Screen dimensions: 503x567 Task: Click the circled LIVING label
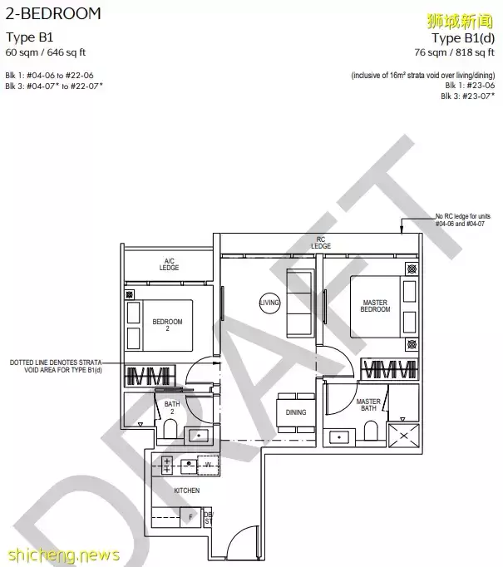(269, 303)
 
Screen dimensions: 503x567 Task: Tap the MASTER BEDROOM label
(375, 306)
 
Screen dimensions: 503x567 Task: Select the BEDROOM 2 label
(167, 325)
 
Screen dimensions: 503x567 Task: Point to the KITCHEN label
(186, 491)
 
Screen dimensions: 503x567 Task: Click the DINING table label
(296, 412)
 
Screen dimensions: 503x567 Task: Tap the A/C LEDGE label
(169, 264)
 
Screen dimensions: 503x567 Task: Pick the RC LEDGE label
(321, 243)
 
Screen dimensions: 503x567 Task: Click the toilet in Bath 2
(170, 429)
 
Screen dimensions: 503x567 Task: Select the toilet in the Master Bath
(371, 431)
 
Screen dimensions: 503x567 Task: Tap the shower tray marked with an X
(403, 436)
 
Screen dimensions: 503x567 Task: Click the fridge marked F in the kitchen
(190, 517)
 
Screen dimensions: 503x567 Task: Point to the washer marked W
(208, 465)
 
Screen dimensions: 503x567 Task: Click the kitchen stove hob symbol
(167, 465)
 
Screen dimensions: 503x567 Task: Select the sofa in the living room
(300, 303)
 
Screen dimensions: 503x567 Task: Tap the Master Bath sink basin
(339, 437)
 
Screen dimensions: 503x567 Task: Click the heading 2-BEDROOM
(53, 14)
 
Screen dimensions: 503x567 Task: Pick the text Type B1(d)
(463, 37)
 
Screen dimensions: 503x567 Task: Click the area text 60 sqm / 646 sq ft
(46, 52)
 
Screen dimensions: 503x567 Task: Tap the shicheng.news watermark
(63, 555)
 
